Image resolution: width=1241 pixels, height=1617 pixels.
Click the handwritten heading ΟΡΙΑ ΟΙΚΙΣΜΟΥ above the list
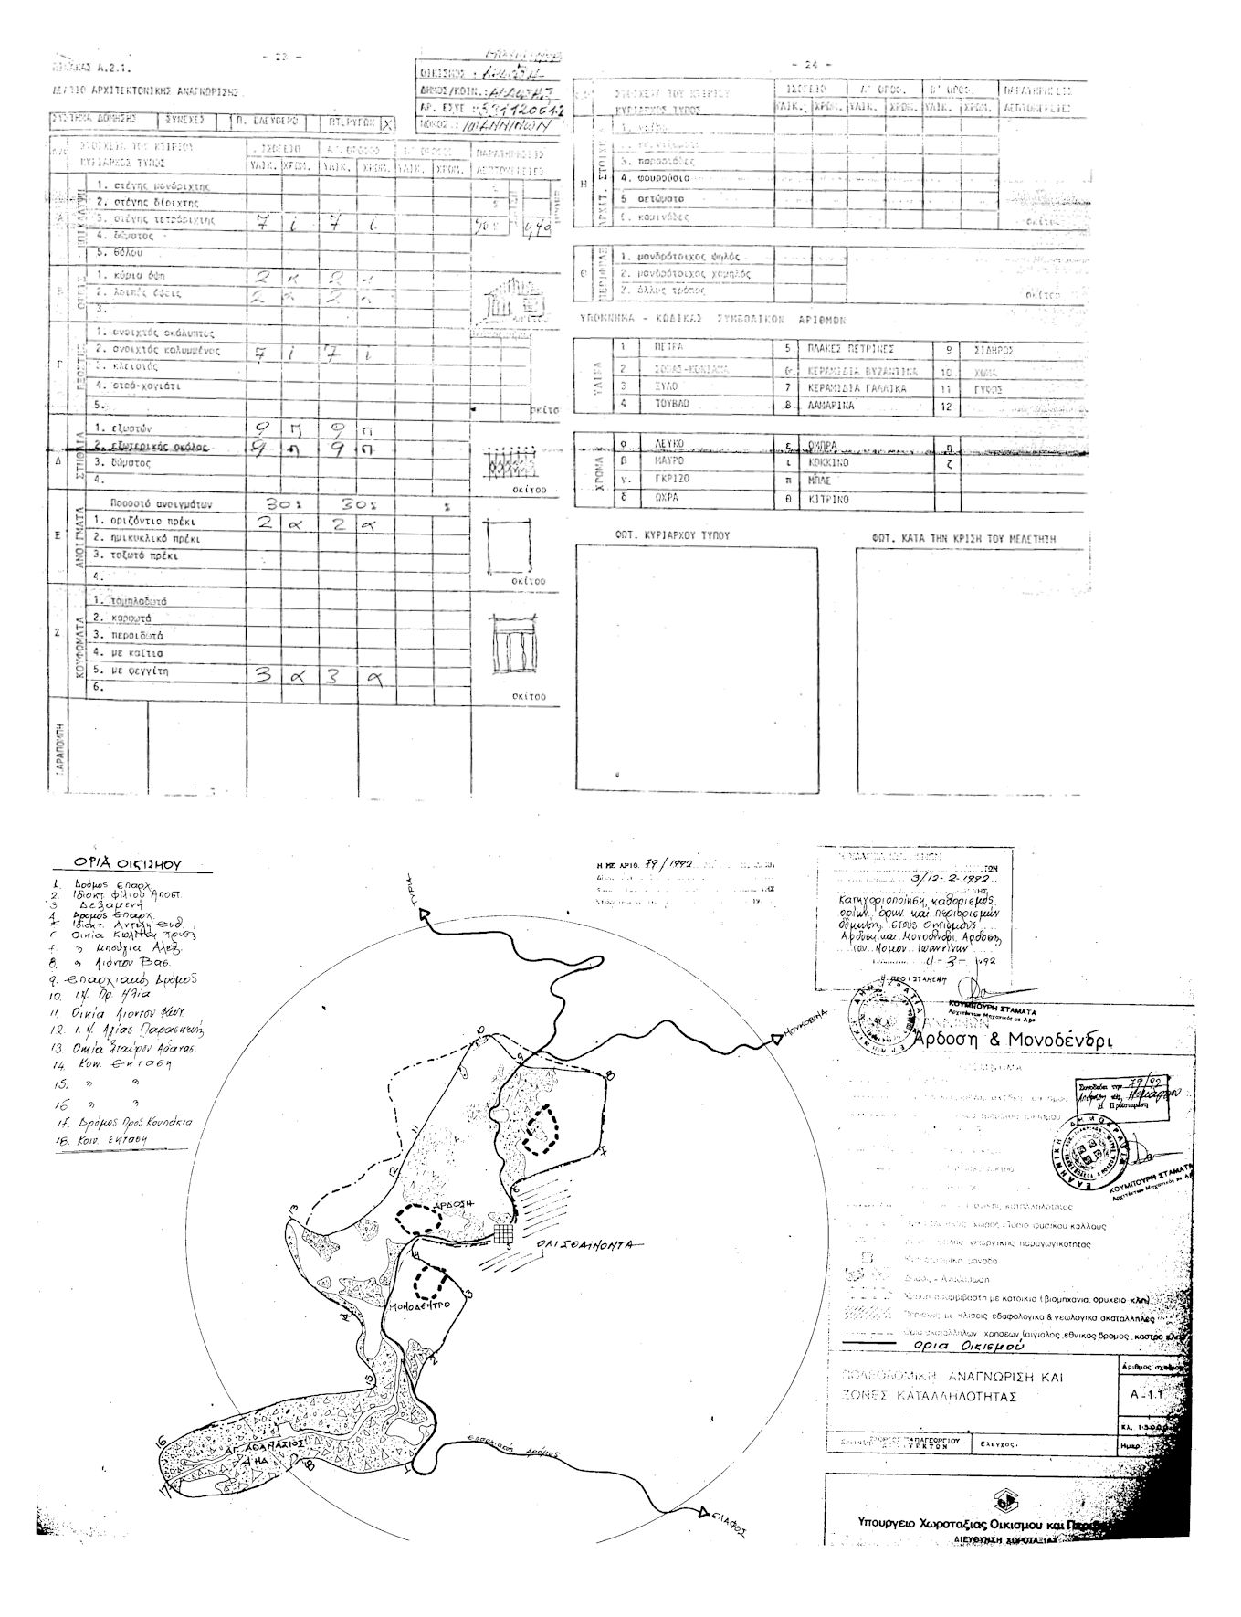click(x=128, y=863)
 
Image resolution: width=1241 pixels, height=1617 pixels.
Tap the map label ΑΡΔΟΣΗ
click(x=457, y=1205)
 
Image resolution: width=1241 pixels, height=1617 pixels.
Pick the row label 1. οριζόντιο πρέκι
click(x=146, y=522)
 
